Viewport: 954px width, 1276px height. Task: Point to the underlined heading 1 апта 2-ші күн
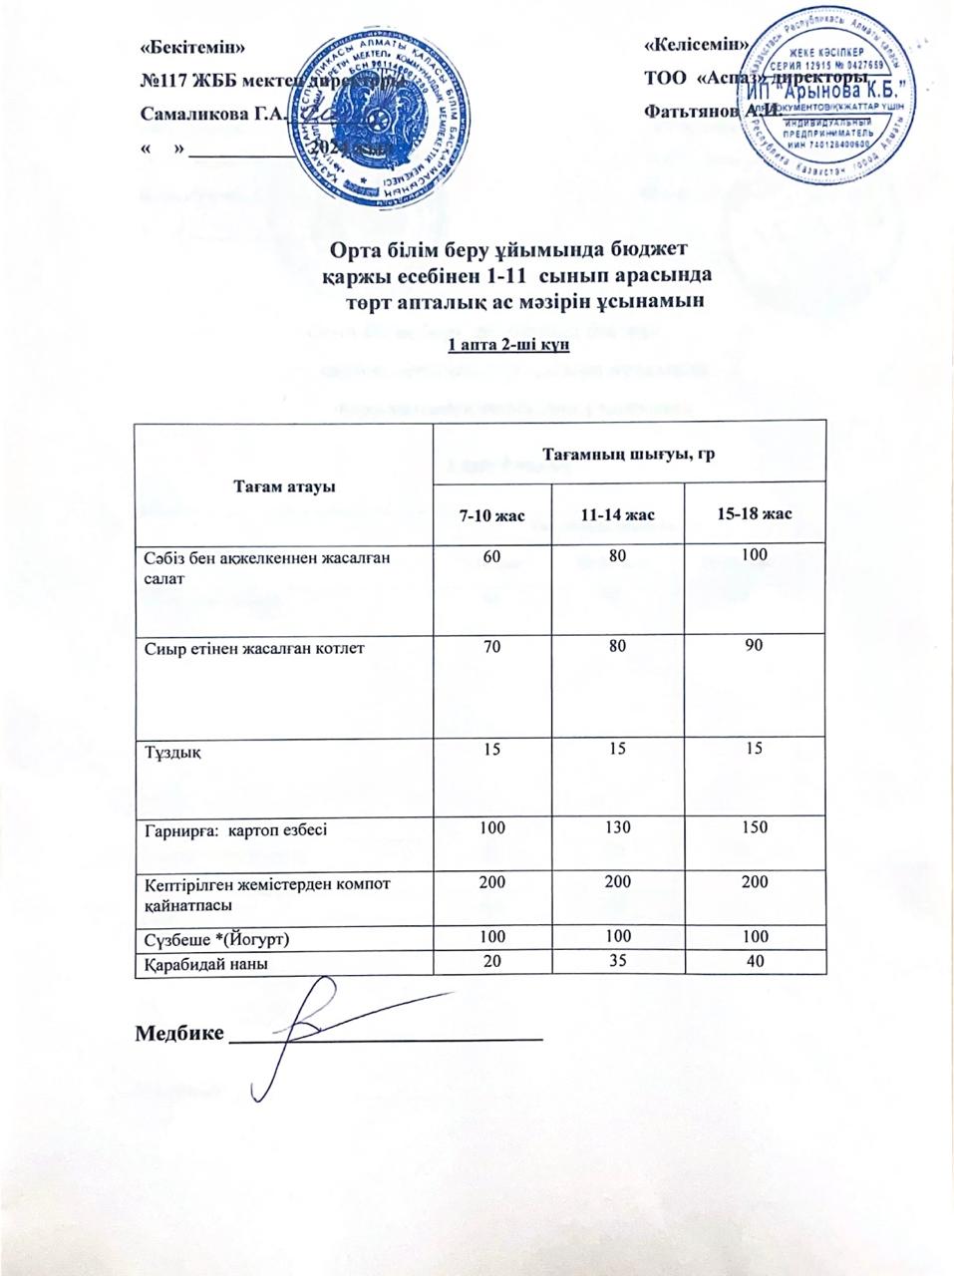click(507, 345)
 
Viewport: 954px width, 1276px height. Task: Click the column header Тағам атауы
click(284, 485)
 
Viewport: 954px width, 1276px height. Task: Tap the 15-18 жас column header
click(755, 513)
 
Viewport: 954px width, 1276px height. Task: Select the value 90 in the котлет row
click(754, 646)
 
